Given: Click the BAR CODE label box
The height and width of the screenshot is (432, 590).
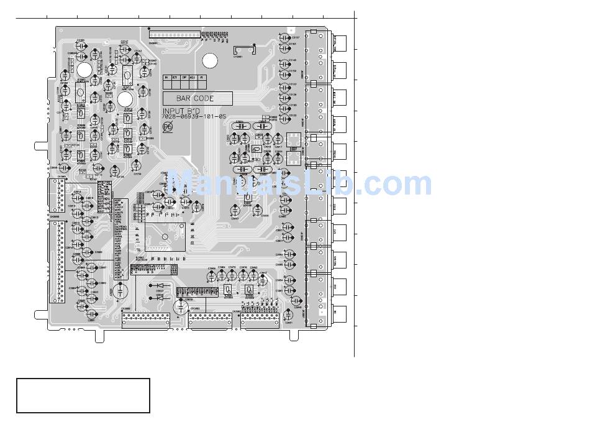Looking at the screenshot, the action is [x=197, y=98].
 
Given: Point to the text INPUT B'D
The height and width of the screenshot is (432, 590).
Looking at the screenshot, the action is [x=179, y=111].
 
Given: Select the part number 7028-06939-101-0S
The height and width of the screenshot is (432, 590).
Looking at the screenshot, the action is [x=193, y=117].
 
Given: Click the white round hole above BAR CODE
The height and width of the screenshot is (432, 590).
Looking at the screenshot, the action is [x=211, y=60].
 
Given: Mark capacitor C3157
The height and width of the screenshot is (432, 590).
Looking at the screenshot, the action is [x=285, y=37].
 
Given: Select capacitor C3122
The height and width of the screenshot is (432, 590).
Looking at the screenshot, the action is [x=285, y=116].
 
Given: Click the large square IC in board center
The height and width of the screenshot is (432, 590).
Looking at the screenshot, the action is [x=165, y=236].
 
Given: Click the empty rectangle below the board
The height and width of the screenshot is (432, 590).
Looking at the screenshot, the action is [x=83, y=395].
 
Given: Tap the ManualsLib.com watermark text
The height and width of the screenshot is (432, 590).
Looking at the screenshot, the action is [x=298, y=184].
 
